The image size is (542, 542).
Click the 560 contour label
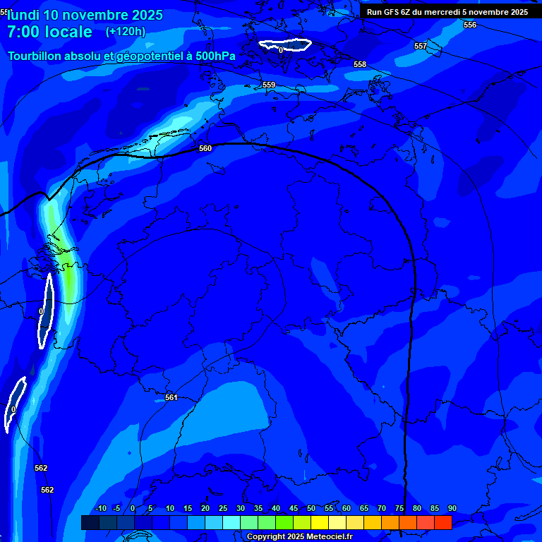pos(205,149)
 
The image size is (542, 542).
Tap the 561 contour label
pos(171,398)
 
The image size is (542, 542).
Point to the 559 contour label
pos(269,85)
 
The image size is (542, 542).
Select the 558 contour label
pos(360,65)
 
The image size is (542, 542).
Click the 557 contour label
pos(421,47)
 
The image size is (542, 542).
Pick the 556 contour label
pos(470,25)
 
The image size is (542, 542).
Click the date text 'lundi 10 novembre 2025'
pos(85,15)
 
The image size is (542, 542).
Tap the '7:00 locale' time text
pos(49,32)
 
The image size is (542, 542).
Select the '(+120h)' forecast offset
pos(126,32)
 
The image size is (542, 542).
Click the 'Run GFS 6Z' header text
pos(391,12)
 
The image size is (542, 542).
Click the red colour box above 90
pos(443,522)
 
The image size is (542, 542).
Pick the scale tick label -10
pos(100,509)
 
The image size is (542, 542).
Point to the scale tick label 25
pos(223,509)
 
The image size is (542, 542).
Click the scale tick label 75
pos(399,509)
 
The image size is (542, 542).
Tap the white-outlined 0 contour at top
pos(285,45)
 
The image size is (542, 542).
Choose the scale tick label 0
pos(133,509)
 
